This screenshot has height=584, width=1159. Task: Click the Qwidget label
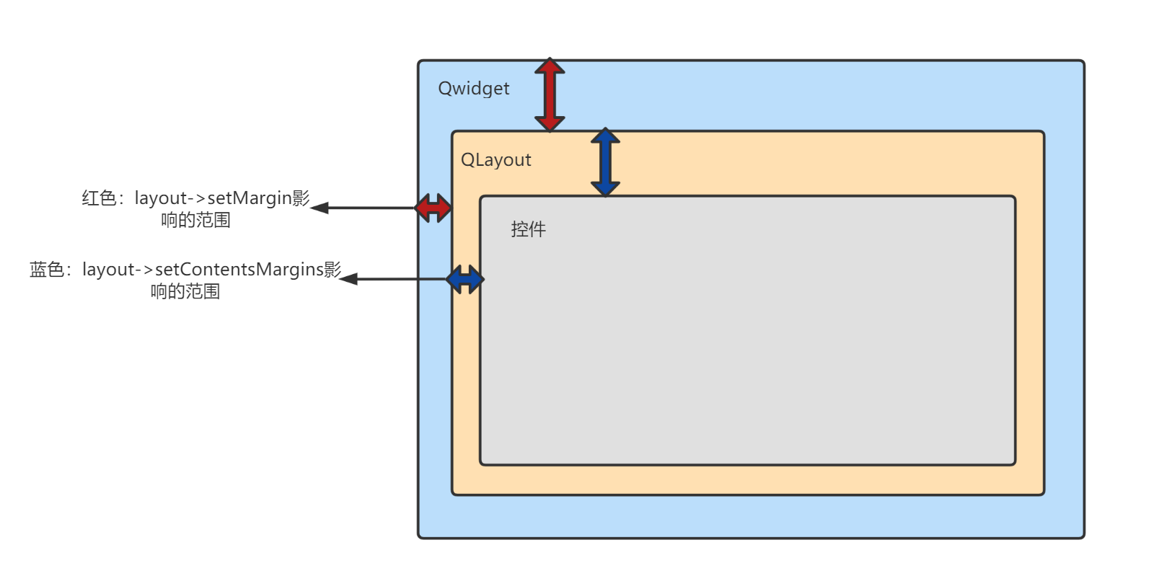[473, 89]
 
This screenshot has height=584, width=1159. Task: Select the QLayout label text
[495, 160]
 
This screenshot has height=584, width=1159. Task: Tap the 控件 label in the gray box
[528, 229]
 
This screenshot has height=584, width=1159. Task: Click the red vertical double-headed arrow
[550, 94]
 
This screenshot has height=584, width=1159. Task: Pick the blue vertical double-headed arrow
[605, 162]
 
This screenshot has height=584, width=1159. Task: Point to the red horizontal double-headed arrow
[433, 208]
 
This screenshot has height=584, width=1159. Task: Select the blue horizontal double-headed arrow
[464, 279]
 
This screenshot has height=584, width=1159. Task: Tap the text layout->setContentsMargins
[203, 270]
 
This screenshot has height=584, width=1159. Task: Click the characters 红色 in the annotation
[99, 198]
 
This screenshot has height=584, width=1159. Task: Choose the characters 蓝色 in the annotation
[47, 270]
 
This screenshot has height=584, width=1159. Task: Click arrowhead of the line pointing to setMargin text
[318, 208]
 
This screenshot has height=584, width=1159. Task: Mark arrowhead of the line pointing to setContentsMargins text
[348, 279]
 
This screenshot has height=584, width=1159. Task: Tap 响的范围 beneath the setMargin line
[195, 220]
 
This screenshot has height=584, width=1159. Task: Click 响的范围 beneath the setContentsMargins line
[185, 291]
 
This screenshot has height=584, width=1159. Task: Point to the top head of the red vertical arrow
[550, 66]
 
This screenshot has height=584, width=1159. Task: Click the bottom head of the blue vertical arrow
[605, 189]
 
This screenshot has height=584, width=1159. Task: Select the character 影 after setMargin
[301, 198]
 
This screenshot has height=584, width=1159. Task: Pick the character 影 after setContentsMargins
[332, 269]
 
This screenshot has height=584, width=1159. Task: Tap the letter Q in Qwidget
[445, 89]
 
